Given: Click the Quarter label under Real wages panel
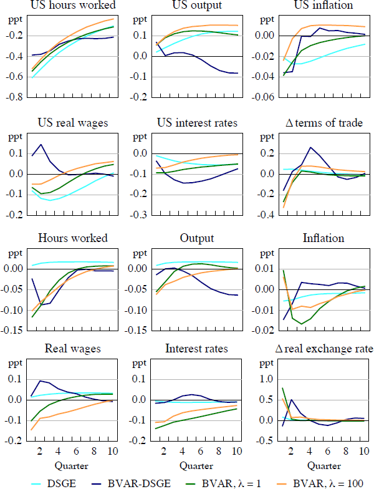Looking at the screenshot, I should tap(70, 465).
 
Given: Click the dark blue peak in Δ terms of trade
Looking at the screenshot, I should tap(310, 147).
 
